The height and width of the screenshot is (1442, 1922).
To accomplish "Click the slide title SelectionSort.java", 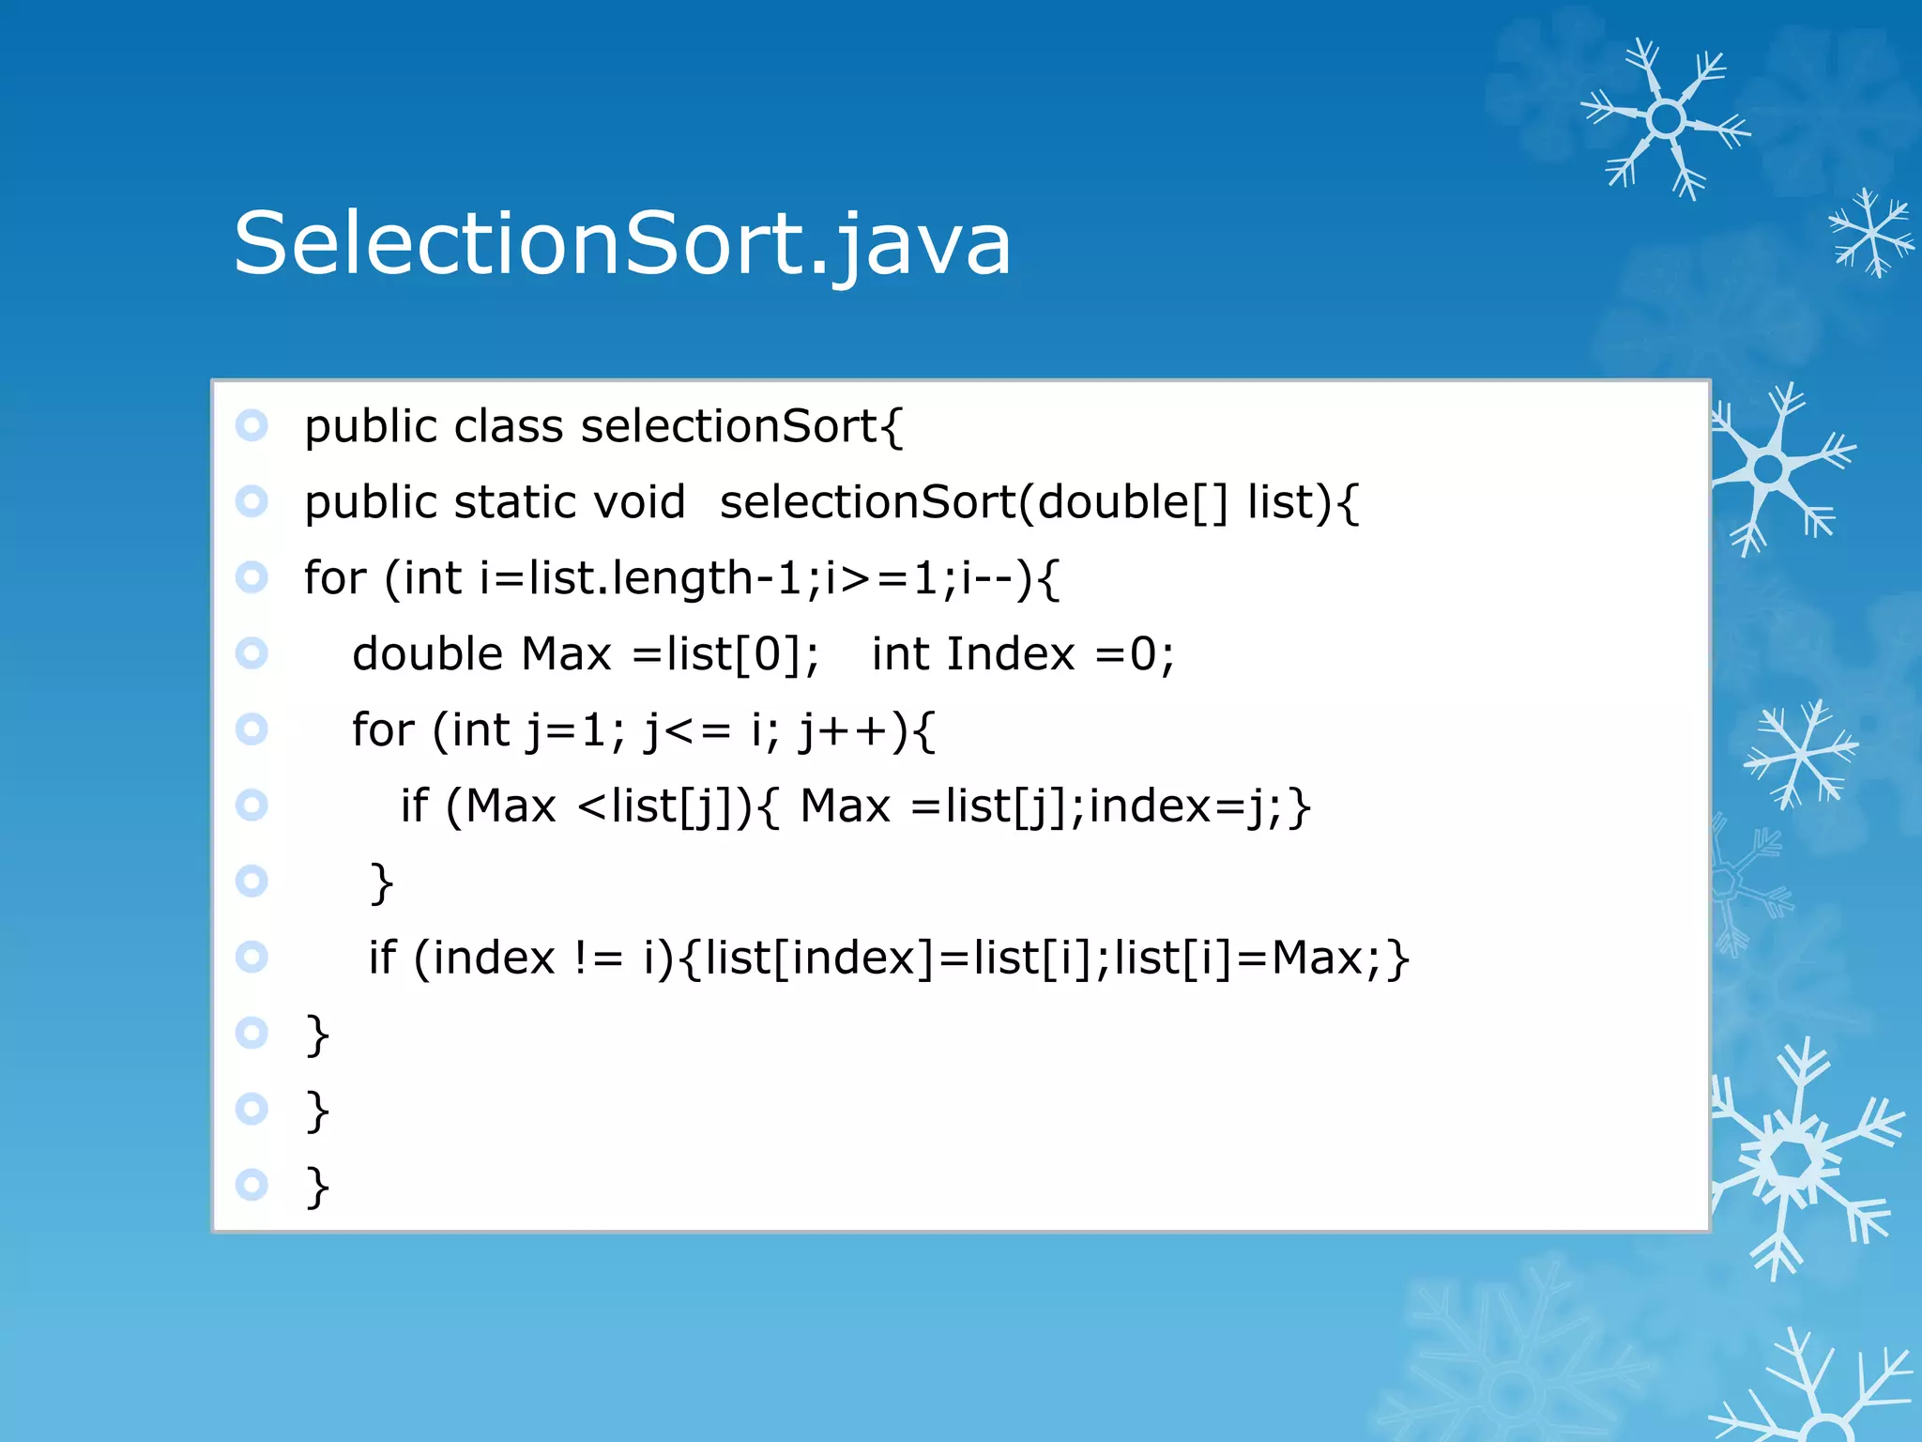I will [x=622, y=244].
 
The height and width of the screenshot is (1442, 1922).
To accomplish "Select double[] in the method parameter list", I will [x=1132, y=503].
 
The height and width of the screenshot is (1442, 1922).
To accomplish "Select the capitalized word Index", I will [x=1010, y=654].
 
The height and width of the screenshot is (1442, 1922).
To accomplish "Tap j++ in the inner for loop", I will [x=844, y=730].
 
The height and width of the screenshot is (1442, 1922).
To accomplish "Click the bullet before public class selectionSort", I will [x=252, y=425].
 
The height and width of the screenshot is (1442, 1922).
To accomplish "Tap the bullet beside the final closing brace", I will [x=252, y=1185].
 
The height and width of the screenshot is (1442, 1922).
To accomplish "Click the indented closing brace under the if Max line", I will [x=381, y=882].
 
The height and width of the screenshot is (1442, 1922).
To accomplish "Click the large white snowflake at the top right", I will [x=1666, y=119].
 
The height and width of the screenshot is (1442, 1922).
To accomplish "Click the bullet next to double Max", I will [x=252, y=652].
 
